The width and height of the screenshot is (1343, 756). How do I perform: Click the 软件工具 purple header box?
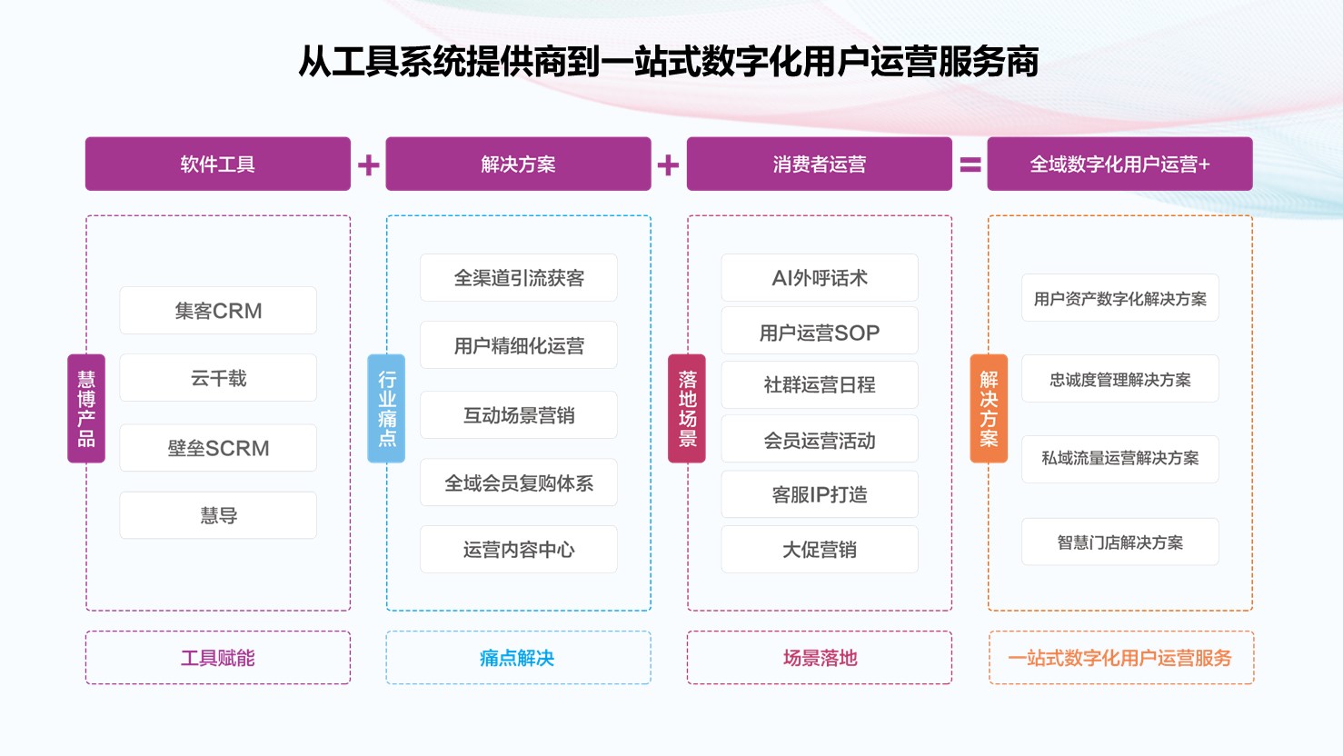pos(218,164)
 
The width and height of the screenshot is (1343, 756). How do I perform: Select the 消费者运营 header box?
pos(819,164)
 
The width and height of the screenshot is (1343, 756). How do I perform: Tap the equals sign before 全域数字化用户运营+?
pos(970,164)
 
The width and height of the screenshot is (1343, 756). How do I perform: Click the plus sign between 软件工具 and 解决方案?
pos(368,164)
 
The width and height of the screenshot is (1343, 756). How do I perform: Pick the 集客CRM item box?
pos(218,311)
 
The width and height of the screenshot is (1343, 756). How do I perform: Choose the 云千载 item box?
pos(218,378)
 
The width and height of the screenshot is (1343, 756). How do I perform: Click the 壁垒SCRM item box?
pos(218,448)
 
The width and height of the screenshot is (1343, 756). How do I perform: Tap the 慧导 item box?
pos(218,515)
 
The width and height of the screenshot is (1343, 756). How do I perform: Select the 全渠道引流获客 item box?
pos(519,277)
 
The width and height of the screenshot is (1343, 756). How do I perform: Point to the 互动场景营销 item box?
pos(519,415)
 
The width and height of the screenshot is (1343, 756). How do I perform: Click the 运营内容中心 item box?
pos(519,549)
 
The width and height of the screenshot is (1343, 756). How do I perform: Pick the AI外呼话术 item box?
pos(820,277)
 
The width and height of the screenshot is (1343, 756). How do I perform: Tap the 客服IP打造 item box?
pos(820,494)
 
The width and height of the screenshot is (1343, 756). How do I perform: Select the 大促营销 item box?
pos(820,549)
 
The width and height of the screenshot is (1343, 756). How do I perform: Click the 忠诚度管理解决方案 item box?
pos(1120,379)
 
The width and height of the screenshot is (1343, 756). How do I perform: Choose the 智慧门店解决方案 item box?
pos(1120,542)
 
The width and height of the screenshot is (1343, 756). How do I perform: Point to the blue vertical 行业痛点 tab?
pos(386,408)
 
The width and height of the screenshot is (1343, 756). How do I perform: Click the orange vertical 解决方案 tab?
pos(989,408)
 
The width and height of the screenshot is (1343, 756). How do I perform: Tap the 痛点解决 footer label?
pos(517,658)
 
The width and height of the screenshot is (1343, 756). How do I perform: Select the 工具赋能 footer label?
pos(218,658)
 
